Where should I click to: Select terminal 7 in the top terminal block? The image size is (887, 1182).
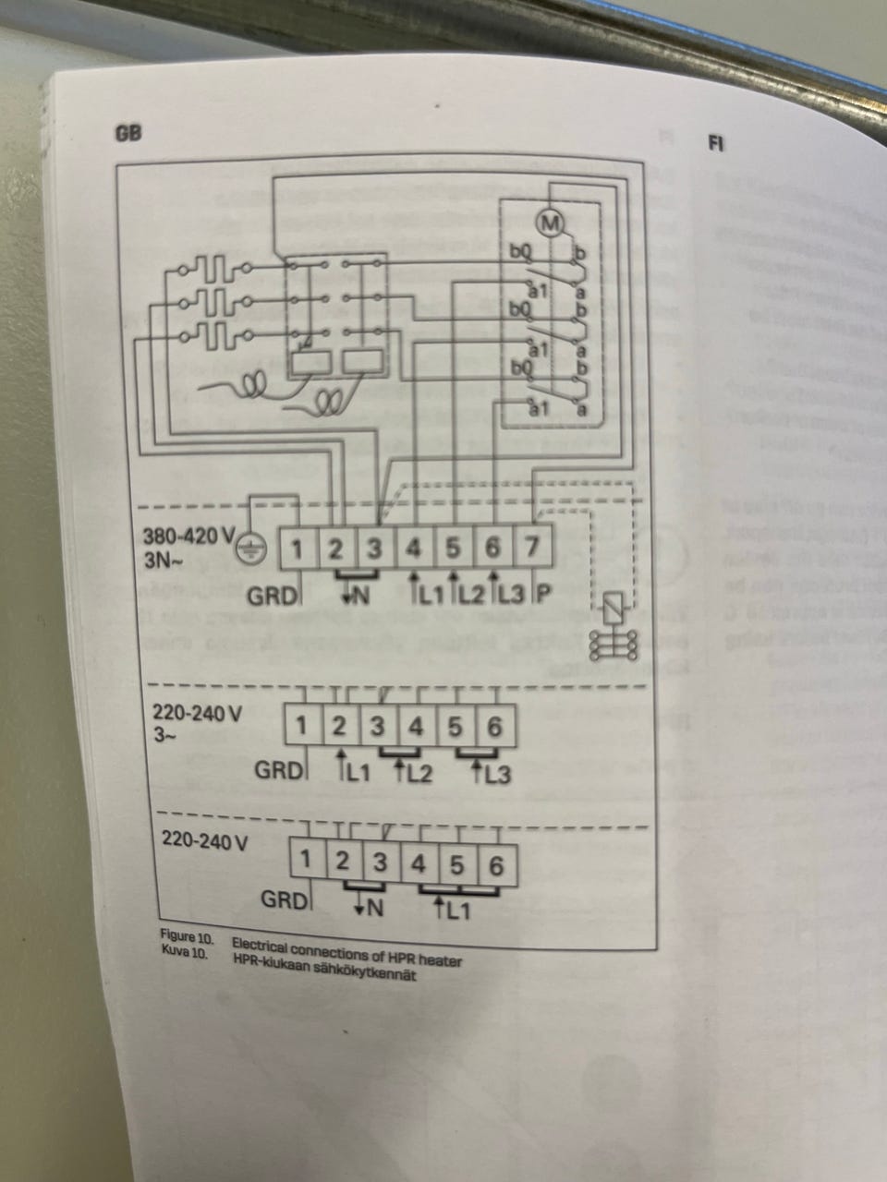(x=532, y=547)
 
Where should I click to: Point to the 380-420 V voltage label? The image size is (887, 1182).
(x=189, y=537)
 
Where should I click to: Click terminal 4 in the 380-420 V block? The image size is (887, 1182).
(x=414, y=549)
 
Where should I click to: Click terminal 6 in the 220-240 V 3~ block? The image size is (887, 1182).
(x=494, y=727)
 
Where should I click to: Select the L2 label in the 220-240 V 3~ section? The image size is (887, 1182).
(x=417, y=772)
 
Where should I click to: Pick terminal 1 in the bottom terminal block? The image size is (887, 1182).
(x=306, y=862)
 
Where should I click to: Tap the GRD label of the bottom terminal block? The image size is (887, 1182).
(x=281, y=899)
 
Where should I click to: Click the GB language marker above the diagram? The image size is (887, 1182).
(x=128, y=133)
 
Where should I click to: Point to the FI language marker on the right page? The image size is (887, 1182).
(x=715, y=143)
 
